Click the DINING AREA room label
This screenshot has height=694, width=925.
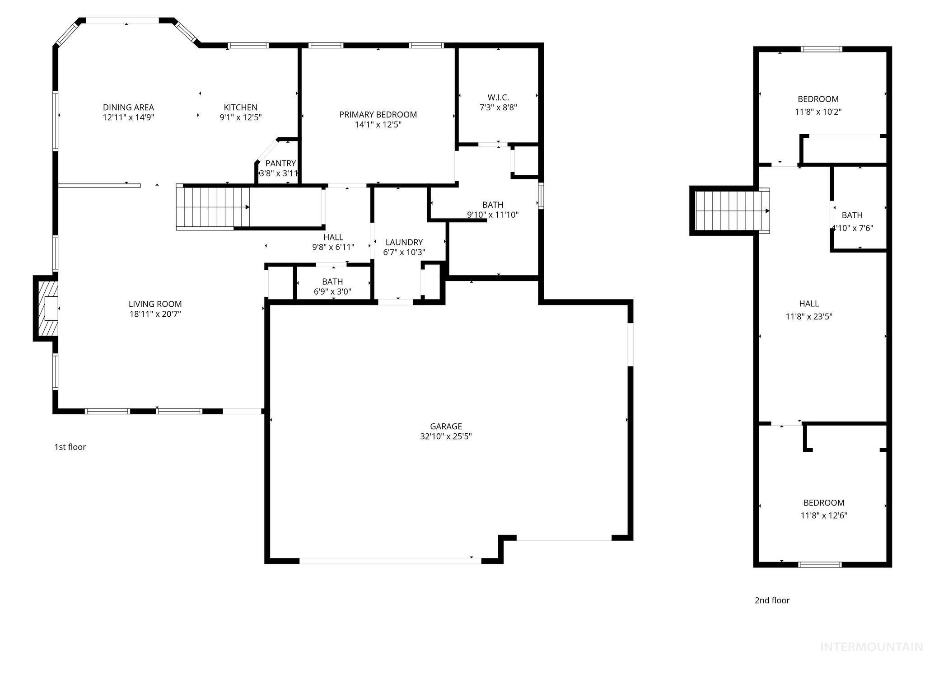click(128, 108)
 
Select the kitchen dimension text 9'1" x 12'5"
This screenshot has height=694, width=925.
click(241, 117)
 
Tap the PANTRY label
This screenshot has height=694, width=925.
click(280, 164)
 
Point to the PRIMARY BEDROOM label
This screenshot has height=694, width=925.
click(378, 115)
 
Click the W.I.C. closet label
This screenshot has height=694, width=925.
click(498, 98)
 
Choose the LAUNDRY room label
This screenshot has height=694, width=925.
click(404, 243)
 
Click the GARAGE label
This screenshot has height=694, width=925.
click(446, 427)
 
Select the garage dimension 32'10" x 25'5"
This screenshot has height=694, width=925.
click(446, 436)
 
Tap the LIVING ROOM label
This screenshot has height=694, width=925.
click(155, 305)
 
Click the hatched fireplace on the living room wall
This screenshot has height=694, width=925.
click(47, 308)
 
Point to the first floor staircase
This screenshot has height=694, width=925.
click(212, 207)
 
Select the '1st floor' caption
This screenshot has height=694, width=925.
click(70, 447)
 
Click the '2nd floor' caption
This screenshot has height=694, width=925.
click(772, 600)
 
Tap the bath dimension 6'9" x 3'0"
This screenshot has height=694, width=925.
click(332, 292)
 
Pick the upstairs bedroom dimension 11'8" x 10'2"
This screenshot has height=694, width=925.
click(818, 112)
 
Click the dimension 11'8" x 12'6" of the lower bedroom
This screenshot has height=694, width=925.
click(824, 516)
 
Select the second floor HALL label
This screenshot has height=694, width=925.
click(808, 304)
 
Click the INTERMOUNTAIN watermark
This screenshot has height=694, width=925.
click(871, 647)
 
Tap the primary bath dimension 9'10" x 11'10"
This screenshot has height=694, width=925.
click(492, 215)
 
